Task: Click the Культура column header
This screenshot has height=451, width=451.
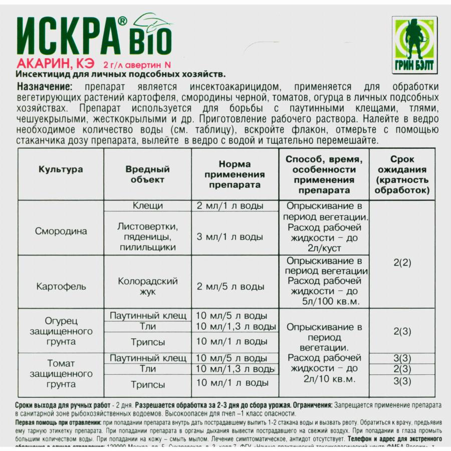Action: pyautogui.click(x=61, y=169)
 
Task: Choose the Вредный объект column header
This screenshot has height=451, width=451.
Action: pyautogui.click(x=147, y=174)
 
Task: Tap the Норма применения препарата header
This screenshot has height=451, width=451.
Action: pyautogui.click(x=235, y=174)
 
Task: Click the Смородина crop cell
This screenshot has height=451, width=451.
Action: pyautogui.click(x=61, y=231)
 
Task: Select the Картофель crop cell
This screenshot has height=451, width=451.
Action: pyautogui.click(x=61, y=287)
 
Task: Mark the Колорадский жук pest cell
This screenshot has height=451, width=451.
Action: pyautogui.click(x=147, y=287)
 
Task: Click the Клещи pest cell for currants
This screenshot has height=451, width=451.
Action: pyautogui.click(x=147, y=206)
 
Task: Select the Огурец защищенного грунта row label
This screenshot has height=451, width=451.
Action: pyautogui.click(x=61, y=331)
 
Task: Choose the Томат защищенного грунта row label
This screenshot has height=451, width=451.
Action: pyautogui.click(x=61, y=374)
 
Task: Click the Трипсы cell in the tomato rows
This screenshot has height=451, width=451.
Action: pyautogui.click(x=147, y=385)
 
